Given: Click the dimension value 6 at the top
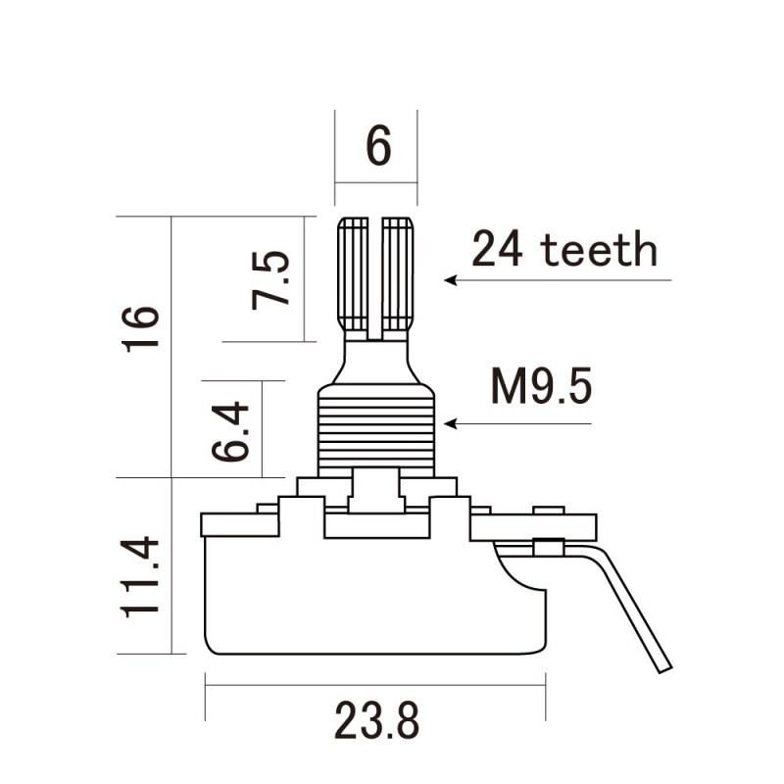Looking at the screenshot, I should (x=378, y=147).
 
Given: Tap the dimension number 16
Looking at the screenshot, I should (x=140, y=331).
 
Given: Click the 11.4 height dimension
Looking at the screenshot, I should (x=140, y=575).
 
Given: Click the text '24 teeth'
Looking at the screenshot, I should (x=563, y=250).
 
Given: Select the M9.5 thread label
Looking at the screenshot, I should (x=542, y=389).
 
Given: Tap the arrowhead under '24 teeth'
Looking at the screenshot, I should (x=451, y=280).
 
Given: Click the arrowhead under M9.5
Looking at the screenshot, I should (x=451, y=424).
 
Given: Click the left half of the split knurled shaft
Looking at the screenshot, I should (x=354, y=274).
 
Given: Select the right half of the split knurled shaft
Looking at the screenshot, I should (x=398, y=274).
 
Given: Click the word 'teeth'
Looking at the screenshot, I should (x=599, y=250).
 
